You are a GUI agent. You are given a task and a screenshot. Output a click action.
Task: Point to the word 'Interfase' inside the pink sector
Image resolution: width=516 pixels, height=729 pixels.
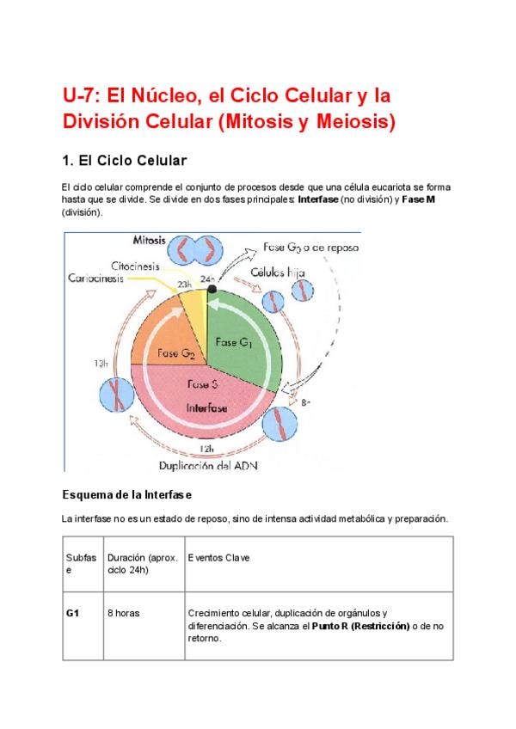pyautogui.click(x=206, y=408)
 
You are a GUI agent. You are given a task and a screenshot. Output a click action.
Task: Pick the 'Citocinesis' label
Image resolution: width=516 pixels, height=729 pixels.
pyautogui.click(x=135, y=266)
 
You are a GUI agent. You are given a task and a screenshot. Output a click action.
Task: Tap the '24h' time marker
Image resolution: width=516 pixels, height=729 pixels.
pyautogui.click(x=207, y=279)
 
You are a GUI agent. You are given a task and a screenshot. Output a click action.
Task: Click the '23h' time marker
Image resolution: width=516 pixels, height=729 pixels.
pyautogui.click(x=185, y=284)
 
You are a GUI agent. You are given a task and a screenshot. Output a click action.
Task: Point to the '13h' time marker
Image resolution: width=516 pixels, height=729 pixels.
pyautogui.click(x=101, y=364)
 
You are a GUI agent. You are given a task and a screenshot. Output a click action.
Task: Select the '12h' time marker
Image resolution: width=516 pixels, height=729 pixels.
pyautogui.click(x=206, y=449)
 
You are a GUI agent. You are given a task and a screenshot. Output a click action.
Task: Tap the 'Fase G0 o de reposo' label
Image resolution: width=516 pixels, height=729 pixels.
pyautogui.click(x=311, y=248)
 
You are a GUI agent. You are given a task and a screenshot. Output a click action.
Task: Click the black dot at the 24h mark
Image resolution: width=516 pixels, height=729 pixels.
pyautogui.click(x=212, y=290)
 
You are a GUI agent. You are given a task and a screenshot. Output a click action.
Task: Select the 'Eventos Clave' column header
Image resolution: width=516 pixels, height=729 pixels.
pyautogui.click(x=218, y=558)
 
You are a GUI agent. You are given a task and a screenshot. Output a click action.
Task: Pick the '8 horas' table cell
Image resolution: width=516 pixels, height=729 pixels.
pyautogui.click(x=124, y=614)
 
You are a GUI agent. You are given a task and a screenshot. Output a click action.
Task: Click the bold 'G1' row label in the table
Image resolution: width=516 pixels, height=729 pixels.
pyautogui.click(x=73, y=614)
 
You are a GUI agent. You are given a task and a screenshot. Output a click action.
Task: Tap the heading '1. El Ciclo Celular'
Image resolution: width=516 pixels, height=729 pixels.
pyautogui.click(x=124, y=161)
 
